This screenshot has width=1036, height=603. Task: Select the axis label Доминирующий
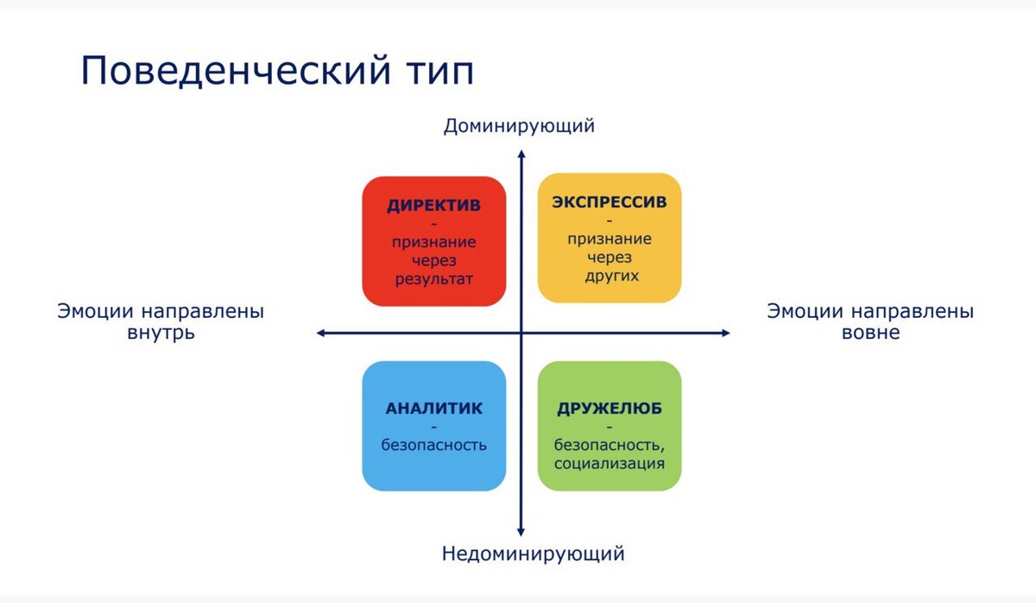click(x=519, y=126)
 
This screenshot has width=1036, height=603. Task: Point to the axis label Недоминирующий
click(x=533, y=554)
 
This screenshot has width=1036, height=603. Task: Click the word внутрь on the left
click(x=161, y=333)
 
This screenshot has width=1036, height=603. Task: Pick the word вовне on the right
click(x=870, y=333)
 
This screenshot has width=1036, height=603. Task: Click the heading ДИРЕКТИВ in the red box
click(x=433, y=206)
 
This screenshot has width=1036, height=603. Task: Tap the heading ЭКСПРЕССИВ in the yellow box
click(x=610, y=203)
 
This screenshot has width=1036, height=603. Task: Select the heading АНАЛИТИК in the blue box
click(x=433, y=409)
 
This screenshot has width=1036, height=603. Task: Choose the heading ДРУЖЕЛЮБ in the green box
click(x=610, y=409)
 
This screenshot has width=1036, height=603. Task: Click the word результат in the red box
click(x=433, y=279)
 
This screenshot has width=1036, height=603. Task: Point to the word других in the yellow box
click(x=610, y=276)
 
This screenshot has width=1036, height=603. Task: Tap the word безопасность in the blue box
click(x=433, y=446)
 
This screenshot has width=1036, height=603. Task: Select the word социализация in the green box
click(x=610, y=463)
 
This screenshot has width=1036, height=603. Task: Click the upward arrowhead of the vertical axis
click(x=521, y=155)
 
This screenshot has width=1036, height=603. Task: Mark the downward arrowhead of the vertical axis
click(x=521, y=530)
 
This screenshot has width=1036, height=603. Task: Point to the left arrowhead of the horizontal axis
click(x=320, y=333)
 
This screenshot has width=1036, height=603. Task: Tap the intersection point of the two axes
click(x=521, y=333)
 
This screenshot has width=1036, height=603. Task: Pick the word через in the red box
click(x=433, y=261)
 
